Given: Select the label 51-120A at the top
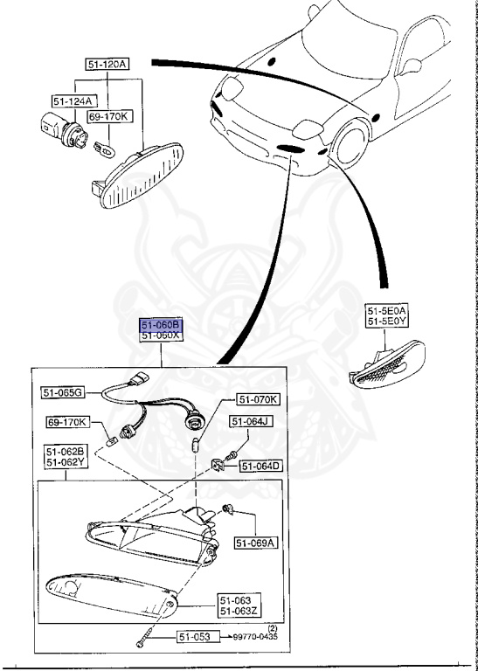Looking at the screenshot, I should coord(107,65).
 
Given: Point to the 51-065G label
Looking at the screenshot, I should coord(63,393).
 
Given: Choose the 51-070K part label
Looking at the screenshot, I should coord(258,400).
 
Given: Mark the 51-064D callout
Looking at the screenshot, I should coord(261,467).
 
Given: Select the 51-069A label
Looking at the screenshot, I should coord(255,543).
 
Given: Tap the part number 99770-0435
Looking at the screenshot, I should coord(260,638).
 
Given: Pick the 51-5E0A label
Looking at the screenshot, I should coord(387,310).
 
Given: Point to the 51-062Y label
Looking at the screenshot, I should coord(66,463).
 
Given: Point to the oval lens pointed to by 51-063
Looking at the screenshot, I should coord(109,594).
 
